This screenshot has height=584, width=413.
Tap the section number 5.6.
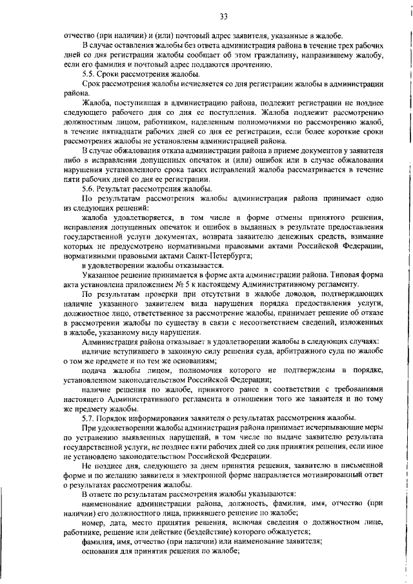tap(90, 188)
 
